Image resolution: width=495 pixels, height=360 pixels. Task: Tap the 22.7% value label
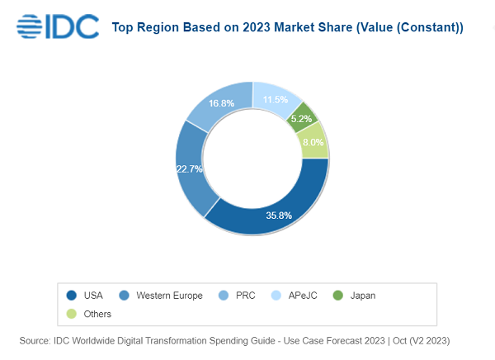[190, 168]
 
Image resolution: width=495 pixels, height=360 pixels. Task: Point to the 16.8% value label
[221, 104]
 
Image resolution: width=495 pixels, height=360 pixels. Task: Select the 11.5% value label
[275, 100]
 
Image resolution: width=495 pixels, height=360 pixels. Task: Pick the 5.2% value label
[301, 118]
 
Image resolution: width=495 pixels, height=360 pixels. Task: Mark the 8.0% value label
[313, 141]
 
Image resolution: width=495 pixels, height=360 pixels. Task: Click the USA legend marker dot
[71, 295]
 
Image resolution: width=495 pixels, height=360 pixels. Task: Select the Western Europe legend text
[169, 295]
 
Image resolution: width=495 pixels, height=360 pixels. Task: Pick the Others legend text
[97, 314]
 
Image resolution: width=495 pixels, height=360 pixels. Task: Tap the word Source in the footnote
[36, 340]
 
